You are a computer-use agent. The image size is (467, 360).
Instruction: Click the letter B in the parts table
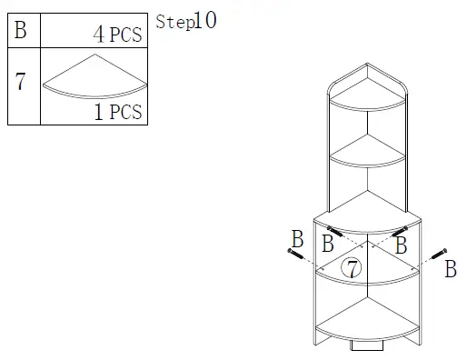pyautogui.click(x=21, y=31)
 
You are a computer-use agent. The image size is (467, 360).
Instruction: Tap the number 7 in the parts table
pyautogui.click(x=20, y=81)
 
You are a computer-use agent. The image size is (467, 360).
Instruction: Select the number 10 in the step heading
pyautogui.click(x=205, y=20)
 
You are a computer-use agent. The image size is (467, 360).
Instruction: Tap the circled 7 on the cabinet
pyautogui.click(x=351, y=267)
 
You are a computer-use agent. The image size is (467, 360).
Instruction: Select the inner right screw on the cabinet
pyautogui.click(x=399, y=232)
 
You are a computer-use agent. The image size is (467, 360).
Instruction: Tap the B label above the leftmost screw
pyautogui.click(x=297, y=239)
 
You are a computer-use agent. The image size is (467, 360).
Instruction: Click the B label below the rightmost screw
pyautogui.click(x=450, y=269)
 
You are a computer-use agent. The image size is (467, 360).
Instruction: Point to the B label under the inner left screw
pyautogui.click(x=328, y=244)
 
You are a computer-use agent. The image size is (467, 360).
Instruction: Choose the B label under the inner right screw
pyautogui.click(x=402, y=245)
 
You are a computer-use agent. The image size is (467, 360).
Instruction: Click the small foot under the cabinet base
pyautogui.click(x=367, y=346)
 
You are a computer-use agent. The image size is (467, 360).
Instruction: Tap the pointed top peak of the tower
pyautogui.click(x=367, y=65)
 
